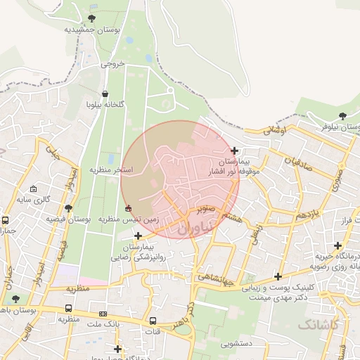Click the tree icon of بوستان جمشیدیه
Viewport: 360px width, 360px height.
tap(91, 18)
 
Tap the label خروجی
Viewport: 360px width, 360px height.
tap(112, 64)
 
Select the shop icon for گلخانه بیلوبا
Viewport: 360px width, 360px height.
tap(105, 94)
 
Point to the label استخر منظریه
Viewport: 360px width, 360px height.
tap(110, 170)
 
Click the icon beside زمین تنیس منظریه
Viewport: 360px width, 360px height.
tap(127, 208)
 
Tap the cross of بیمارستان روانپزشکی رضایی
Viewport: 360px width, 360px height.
tap(138, 236)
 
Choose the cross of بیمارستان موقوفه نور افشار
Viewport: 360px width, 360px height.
tap(234, 150)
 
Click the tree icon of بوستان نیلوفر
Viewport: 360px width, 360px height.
tap(342, 115)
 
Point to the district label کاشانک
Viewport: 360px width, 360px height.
tap(319, 324)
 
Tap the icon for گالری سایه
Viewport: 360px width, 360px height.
tap(34, 189)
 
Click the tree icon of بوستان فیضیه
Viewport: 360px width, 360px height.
tap(68, 208)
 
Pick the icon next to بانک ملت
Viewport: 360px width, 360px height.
tap(103, 314)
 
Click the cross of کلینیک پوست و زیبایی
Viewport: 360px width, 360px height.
tap(278, 276)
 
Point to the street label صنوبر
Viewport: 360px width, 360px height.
tap(205, 209)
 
